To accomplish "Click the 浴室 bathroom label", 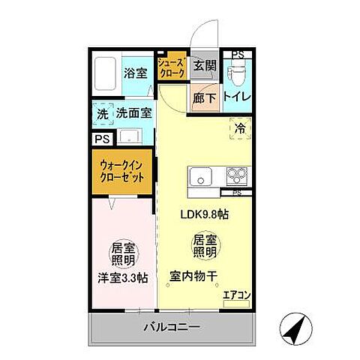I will [136, 73].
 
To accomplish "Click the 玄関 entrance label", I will [204, 66].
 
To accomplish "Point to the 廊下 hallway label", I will [204, 97].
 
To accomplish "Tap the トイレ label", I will [237, 97].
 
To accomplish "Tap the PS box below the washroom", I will [102, 139].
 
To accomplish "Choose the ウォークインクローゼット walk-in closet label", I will [122, 169].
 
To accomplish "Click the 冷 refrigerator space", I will [239, 128].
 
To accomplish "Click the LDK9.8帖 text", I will [204, 214].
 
